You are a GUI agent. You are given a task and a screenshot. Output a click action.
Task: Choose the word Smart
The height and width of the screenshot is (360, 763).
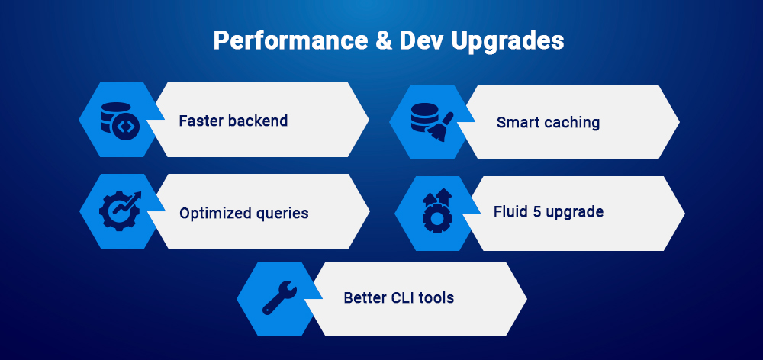(519, 122)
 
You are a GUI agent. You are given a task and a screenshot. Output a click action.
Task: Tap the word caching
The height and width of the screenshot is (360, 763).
(572, 123)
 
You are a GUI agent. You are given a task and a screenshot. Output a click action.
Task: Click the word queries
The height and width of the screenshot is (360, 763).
(282, 214)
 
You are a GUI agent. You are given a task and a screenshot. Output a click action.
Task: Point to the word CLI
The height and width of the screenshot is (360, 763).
(404, 297)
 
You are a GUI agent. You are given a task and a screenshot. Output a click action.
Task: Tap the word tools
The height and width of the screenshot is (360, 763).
(438, 297)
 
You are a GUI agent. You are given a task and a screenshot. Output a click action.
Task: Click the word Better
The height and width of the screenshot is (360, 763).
(365, 297)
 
